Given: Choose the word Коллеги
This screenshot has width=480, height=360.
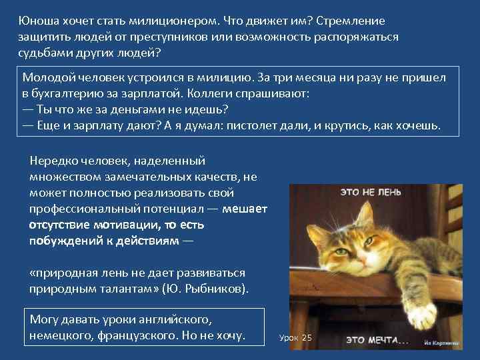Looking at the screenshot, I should (x=221, y=93).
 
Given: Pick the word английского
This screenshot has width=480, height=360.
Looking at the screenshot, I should (x=177, y=319).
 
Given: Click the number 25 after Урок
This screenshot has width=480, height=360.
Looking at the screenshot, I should (x=307, y=338).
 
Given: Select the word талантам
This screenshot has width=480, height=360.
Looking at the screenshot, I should (x=131, y=289).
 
